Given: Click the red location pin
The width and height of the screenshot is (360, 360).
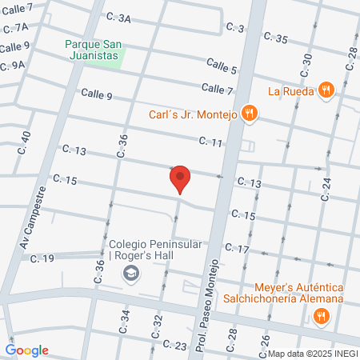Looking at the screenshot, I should (180, 178).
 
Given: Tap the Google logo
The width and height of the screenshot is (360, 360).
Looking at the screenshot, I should (27, 350).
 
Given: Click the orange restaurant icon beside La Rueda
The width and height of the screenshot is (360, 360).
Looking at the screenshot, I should (325, 90).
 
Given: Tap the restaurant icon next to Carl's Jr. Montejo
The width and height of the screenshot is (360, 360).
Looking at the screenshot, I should (249, 114).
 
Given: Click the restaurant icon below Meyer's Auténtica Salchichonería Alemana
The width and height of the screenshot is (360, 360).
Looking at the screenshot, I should (321, 315).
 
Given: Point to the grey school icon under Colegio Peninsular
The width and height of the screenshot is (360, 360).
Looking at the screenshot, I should (129, 275).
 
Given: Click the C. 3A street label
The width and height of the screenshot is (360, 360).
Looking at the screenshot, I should (118, 18).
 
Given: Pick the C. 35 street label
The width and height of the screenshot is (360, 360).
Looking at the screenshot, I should (274, 38).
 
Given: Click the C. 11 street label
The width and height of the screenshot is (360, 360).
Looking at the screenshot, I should (211, 142).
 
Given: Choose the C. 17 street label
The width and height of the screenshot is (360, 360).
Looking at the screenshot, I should (237, 249).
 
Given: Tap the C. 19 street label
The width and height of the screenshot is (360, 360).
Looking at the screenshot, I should (42, 258).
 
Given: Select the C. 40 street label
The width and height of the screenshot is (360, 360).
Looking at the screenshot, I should (26, 142).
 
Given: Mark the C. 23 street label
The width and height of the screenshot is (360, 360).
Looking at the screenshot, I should (174, 344).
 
